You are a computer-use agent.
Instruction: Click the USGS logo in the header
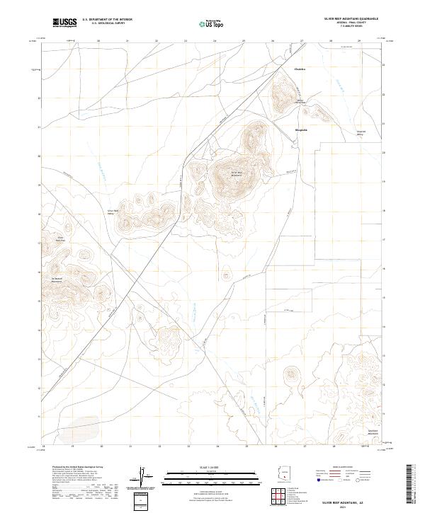64,23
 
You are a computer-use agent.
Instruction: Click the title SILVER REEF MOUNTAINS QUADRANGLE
351,18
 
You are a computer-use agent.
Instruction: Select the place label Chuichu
300,69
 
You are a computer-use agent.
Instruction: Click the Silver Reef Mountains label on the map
237,173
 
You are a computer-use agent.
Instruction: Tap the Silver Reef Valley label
112,212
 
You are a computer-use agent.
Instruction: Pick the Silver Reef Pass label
61,239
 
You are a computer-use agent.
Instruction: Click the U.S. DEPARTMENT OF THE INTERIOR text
107,19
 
